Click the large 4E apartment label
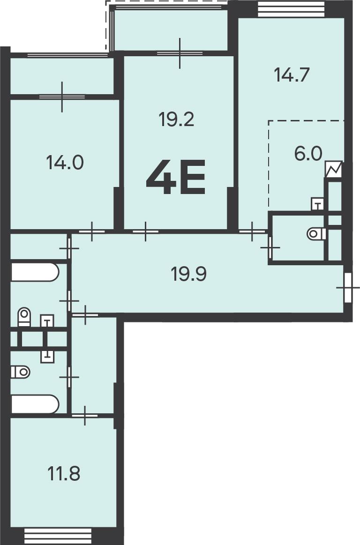click(176, 177)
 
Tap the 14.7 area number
click(292, 75)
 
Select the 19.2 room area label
click(176, 119)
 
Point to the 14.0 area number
click(65, 162)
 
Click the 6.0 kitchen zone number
click(308, 154)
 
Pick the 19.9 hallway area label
click(189, 274)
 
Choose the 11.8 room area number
click(64, 474)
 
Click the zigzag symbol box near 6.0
click(334, 170)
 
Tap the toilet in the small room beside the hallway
click(316, 233)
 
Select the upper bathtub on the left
click(35, 272)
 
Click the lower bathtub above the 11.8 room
click(35, 404)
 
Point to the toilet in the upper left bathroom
click(24, 317)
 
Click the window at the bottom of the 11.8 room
click(58, 536)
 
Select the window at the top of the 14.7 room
click(291, 9)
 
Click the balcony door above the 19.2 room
click(180, 53)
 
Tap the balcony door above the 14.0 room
click(62, 97)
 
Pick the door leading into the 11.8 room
click(85, 415)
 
